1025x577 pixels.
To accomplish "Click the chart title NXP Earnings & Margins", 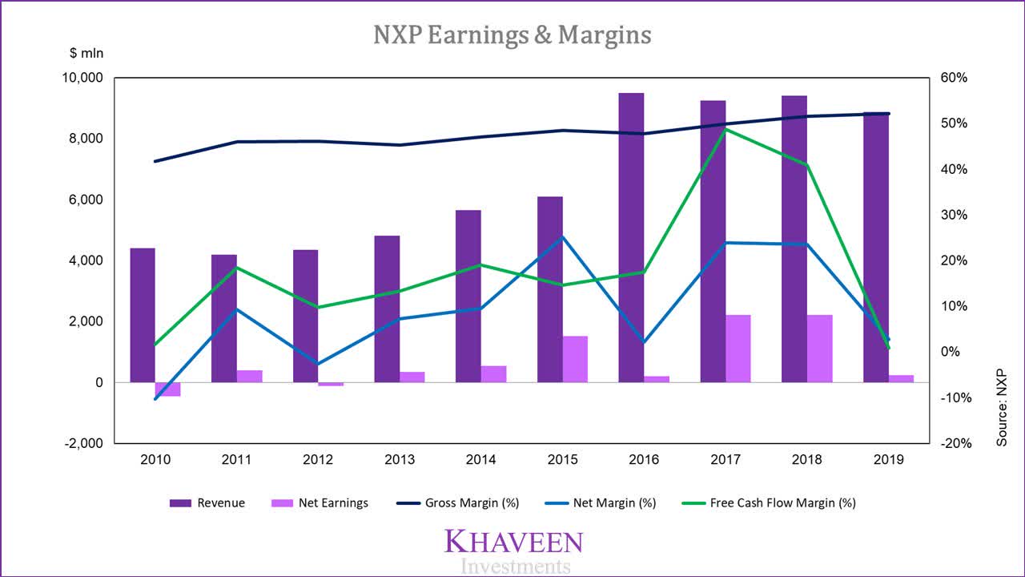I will pos(512,34).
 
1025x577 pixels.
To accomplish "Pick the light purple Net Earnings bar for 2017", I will pos(738,349).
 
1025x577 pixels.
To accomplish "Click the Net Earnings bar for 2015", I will pos(575,359).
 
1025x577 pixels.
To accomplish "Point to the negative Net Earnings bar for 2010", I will pos(168,389).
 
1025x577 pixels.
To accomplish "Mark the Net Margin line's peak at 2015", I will pos(561,237).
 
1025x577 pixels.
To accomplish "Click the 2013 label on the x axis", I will pos(399,460).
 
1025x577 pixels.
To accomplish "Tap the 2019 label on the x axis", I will pos(888,460).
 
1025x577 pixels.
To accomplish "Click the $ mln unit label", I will pos(86,54).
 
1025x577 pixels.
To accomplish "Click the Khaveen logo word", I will pos(513,542).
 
